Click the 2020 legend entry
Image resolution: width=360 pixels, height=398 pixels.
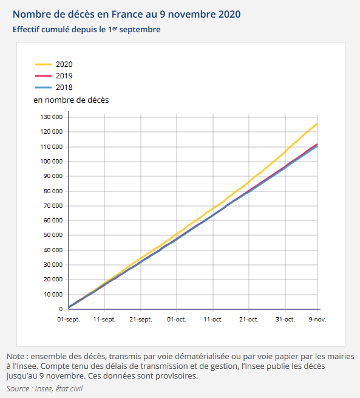pos(63,64)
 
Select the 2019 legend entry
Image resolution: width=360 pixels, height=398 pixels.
pos(63,76)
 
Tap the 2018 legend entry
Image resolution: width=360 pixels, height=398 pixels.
pos(63,87)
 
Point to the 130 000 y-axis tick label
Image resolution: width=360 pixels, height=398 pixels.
pos(51,117)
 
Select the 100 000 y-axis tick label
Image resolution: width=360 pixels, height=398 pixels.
pos(51,162)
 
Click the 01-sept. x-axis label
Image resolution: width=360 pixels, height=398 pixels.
pos(69,319)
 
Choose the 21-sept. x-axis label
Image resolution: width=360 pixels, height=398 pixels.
pos(140,319)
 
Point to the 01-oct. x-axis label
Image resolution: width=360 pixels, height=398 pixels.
pos(177,319)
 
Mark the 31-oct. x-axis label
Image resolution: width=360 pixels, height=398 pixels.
pos(285,319)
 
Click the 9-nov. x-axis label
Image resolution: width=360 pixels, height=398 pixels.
pos(318,319)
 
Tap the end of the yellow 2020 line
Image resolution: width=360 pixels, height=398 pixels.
pos(318,124)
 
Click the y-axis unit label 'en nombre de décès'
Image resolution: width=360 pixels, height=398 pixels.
pos(71,99)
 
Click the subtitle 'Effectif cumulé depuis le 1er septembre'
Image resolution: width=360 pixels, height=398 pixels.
pos(86,29)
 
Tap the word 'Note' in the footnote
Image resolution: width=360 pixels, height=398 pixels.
pos(16,357)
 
